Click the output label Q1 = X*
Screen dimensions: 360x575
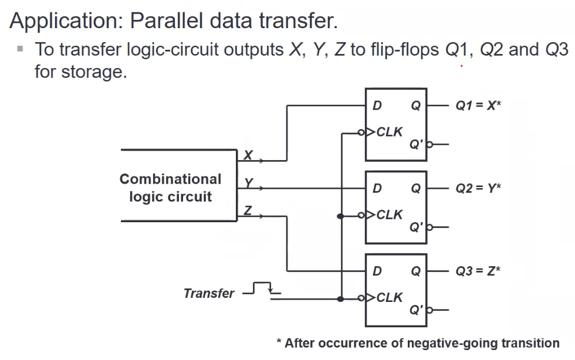pos(478,106)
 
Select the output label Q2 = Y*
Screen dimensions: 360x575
pos(478,188)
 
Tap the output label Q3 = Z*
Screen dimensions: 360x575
pos(478,271)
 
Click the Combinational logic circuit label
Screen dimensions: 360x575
pos(170,188)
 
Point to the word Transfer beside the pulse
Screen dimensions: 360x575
pos(209,293)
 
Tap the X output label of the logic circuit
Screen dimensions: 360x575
pos(248,155)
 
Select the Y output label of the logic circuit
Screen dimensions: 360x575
pos(248,184)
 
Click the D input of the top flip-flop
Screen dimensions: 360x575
pos(377,106)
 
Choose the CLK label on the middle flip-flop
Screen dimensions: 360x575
pos(390,215)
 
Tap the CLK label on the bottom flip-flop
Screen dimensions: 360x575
pos(390,297)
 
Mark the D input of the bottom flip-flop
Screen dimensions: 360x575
pos(377,271)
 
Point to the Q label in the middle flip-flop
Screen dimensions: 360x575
pos(416,188)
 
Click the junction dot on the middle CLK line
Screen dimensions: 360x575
pos(340,216)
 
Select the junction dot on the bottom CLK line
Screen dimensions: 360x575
pos(340,299)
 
